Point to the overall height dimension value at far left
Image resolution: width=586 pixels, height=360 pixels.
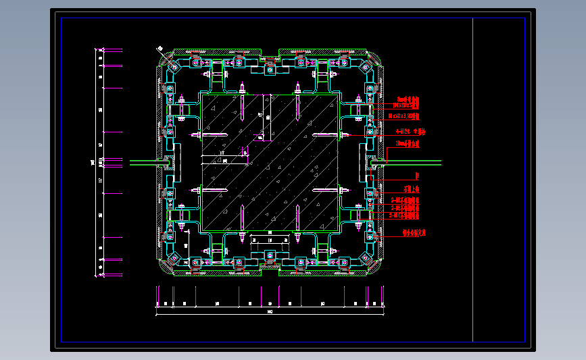[x=93, y=162]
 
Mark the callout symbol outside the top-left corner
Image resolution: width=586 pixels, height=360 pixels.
[x=159, y=49]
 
